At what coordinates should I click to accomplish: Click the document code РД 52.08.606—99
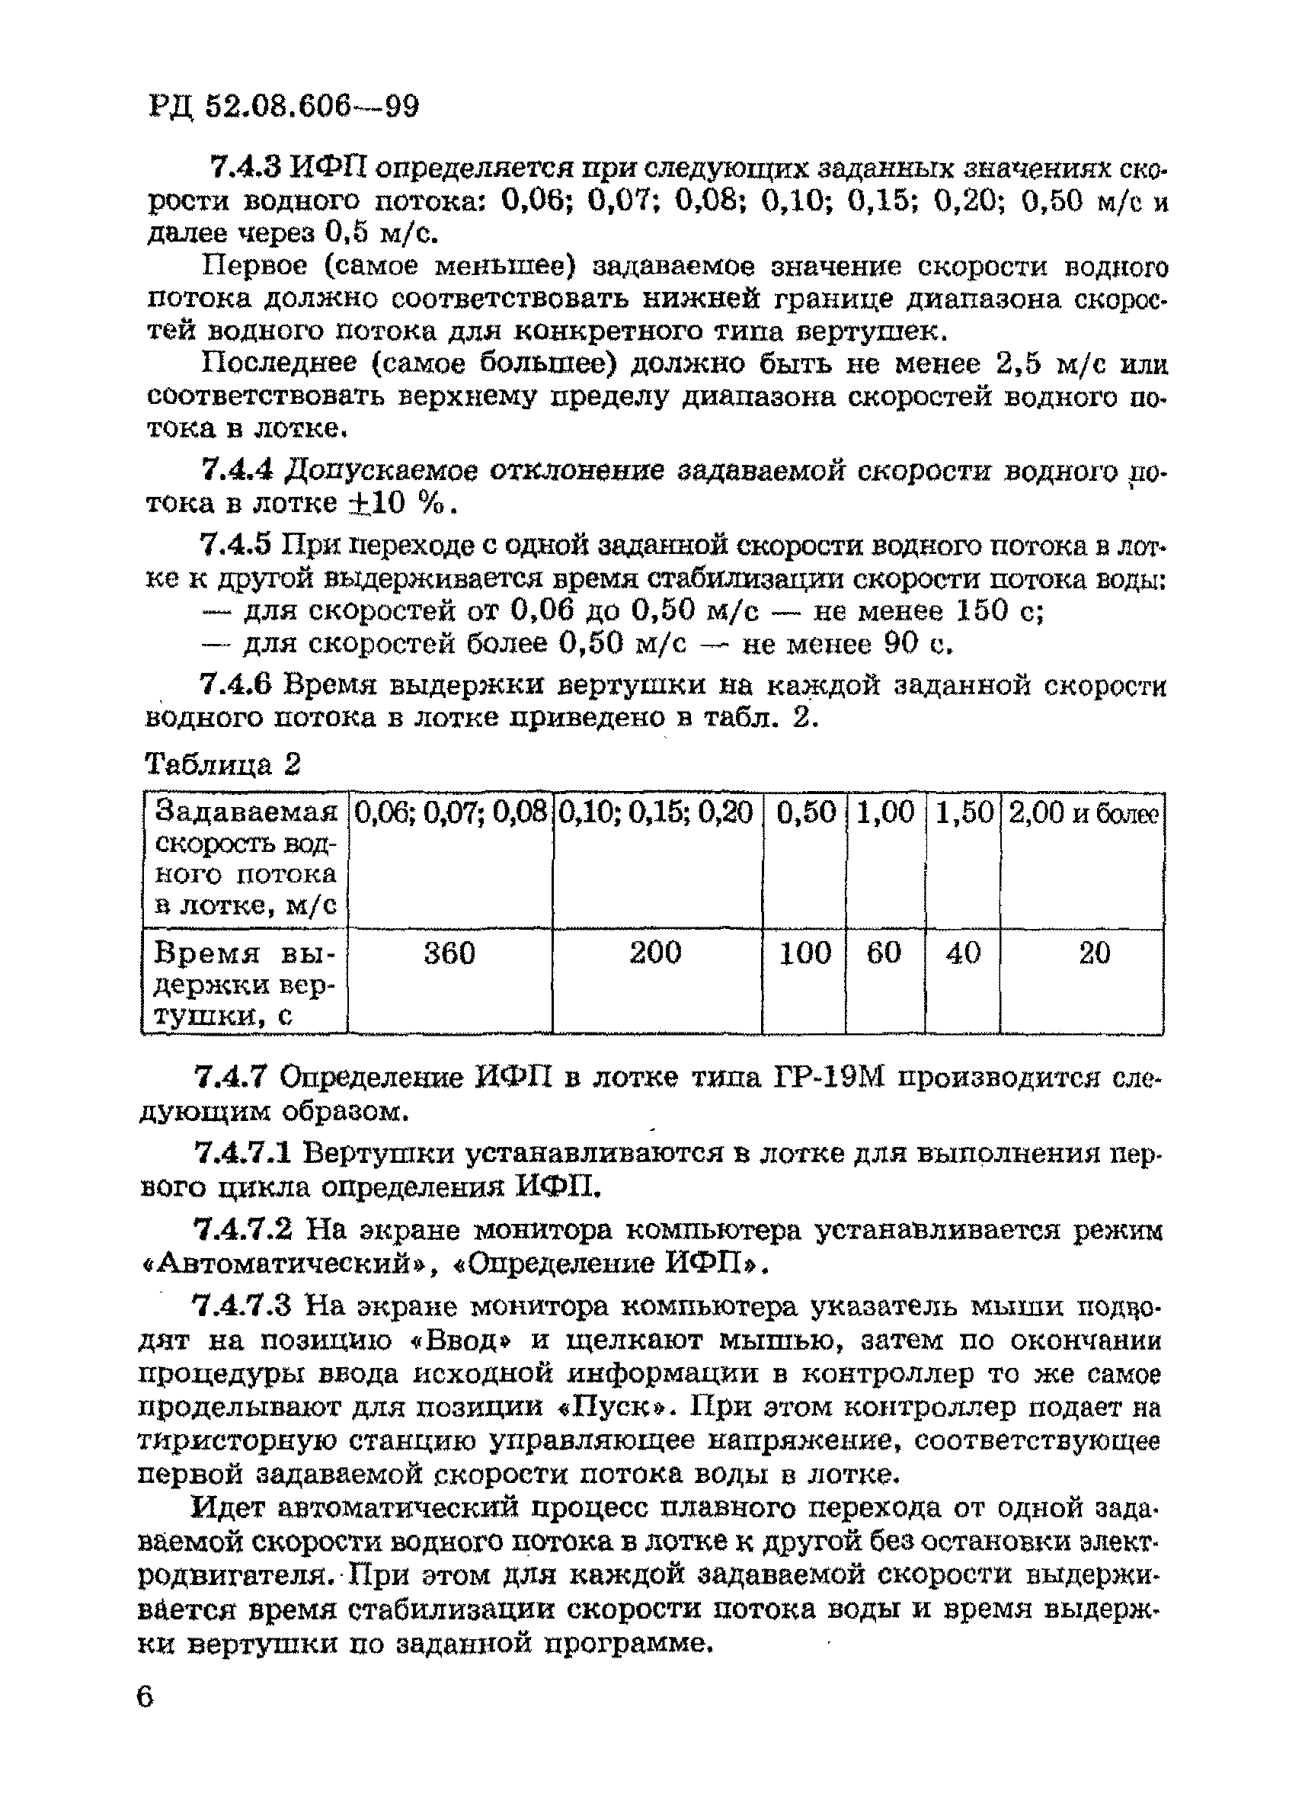point(283,107)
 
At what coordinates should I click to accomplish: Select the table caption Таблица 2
point(223,764)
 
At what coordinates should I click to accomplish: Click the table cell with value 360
point(449,953)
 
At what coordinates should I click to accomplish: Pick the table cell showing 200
point(656,953)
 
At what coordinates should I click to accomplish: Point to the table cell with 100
point(804,953)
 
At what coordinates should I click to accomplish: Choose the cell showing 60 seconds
point(884,953)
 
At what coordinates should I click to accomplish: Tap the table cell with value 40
point(963,953)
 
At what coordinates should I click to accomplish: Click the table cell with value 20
point(1095,953)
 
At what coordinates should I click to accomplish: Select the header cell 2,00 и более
point(1083,813)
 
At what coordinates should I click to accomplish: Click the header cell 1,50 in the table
point(964,812)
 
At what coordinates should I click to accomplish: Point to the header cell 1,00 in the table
point(885,812)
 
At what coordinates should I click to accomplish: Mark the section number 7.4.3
point(245,168)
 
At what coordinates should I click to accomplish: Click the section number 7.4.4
point(238,471)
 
